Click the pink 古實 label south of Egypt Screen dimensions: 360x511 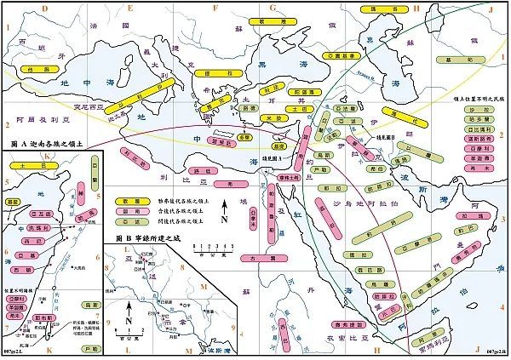click(252, 256)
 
